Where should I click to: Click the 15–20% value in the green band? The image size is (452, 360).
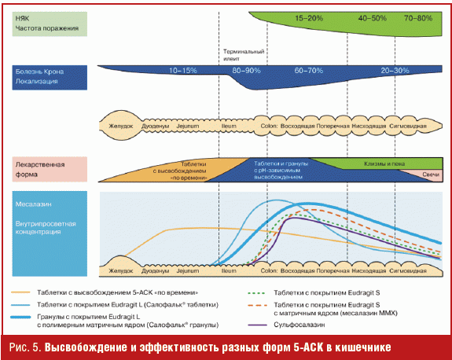pyautogui.click(x=309, y=18)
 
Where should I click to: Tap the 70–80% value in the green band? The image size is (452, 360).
pyautogui.click(x=418, y=18)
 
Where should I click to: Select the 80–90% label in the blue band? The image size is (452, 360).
pyautogui.click(x=246, y=70)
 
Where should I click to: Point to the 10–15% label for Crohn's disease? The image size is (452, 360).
pyautogui.click(x=182, y=70)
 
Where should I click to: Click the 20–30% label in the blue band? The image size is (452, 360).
pyautogui.click(x=395, y=70)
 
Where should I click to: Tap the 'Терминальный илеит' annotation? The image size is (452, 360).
pyautogui.click(x=244, y=55)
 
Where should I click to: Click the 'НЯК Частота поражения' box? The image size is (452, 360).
pyautogui.click(x=50, y=24)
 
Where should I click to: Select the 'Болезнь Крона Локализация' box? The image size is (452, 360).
pyautogui.click(x=50, y=78)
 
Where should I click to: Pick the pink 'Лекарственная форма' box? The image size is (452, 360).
pyautogui.click(x=50, y=169)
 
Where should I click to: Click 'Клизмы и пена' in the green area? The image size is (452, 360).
pyautogui.click(x=384, y=163)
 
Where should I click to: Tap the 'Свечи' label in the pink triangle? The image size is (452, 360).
pyautogui.click(x=431, y=174)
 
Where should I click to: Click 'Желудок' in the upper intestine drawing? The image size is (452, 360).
pyautogui.click(x=121, y=126)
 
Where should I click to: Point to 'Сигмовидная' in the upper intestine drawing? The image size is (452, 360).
pyautogui.click(x=408, y=126)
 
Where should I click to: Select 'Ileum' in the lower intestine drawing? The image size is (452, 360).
pyautogui.click(x=229, y=270)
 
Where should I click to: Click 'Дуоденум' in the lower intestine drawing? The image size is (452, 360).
pyautogui.click(x=155, y=271)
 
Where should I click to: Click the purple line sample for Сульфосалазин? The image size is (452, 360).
pyautogui.click(x=257, y=325)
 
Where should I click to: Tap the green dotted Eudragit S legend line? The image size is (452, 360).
pyautogui.click(x=256, y=293)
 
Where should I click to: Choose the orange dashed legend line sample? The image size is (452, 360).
pyautogui.click(x=257, y=305)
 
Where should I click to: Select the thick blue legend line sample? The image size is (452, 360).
pyautogui.click(x=20, y=317)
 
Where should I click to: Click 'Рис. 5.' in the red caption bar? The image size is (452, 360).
pyautogui.click(x=25, y=347)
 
